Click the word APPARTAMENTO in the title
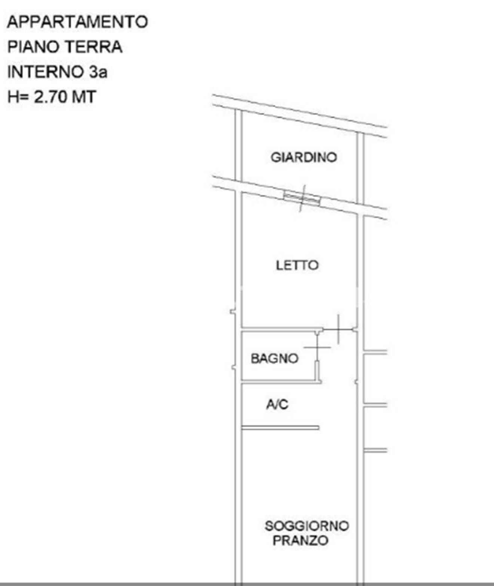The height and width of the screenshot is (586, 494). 77,22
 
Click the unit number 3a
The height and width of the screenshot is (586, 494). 98,72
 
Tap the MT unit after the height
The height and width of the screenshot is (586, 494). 84,97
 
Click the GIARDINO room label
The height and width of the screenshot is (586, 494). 304,157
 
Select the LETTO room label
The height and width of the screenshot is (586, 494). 297,265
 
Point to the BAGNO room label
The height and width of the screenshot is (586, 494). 274,358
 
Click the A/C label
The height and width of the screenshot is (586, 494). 277,405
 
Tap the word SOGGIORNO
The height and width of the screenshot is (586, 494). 307,526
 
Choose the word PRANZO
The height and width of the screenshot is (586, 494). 300,540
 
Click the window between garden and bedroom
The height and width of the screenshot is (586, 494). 302,198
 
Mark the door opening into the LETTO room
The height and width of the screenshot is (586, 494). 339,329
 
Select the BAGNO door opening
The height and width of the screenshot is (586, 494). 317,347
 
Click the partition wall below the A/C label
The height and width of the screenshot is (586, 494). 280,428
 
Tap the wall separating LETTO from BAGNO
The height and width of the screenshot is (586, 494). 282,329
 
